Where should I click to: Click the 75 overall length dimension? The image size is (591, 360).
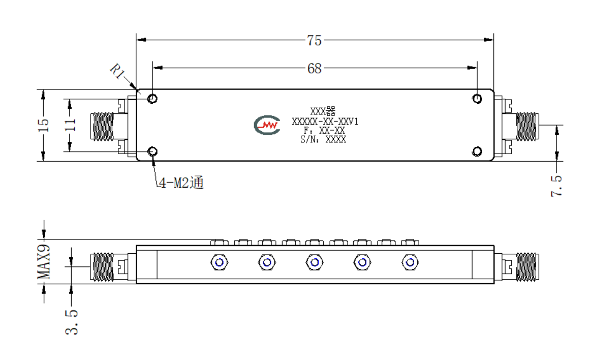314,40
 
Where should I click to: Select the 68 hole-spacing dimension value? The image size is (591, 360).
315,68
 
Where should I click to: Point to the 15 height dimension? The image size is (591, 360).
44,125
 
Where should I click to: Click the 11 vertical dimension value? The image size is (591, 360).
70,125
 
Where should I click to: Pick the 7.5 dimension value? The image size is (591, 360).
556,186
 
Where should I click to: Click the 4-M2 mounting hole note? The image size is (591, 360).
181,183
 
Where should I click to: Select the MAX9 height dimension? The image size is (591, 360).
44,262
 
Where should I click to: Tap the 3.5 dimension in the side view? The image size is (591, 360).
72,322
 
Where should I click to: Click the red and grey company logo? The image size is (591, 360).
267,125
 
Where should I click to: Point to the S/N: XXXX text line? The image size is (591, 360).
323,139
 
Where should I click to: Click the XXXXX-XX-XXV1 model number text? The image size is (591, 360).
325,122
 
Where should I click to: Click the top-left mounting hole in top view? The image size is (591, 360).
152,99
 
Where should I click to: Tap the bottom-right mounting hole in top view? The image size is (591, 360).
477,152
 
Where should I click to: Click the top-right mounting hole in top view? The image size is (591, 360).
477,99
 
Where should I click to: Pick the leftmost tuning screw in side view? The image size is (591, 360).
219,262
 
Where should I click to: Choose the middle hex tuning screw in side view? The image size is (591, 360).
315,262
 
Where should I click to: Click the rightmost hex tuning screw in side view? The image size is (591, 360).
410,262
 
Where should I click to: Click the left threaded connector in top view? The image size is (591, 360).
102,126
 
